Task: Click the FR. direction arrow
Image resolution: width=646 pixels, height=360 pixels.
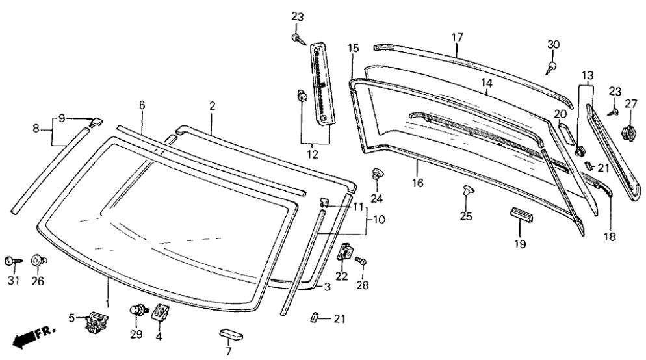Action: (x=32, y=336)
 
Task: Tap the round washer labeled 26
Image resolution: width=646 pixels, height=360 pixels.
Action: (x=38, y=261)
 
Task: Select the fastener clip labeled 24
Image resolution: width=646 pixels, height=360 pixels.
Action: (x=376, y=174)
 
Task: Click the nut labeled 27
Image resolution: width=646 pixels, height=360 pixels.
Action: (x=628, y=133)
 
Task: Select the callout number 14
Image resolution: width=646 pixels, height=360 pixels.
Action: (x=487, y=83)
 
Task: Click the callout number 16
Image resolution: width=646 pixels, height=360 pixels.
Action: (x=417, y=183)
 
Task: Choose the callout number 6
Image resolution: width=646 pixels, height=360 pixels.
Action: (x=142, y=105)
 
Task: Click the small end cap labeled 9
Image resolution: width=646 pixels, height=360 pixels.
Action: (x=96, y=121)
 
